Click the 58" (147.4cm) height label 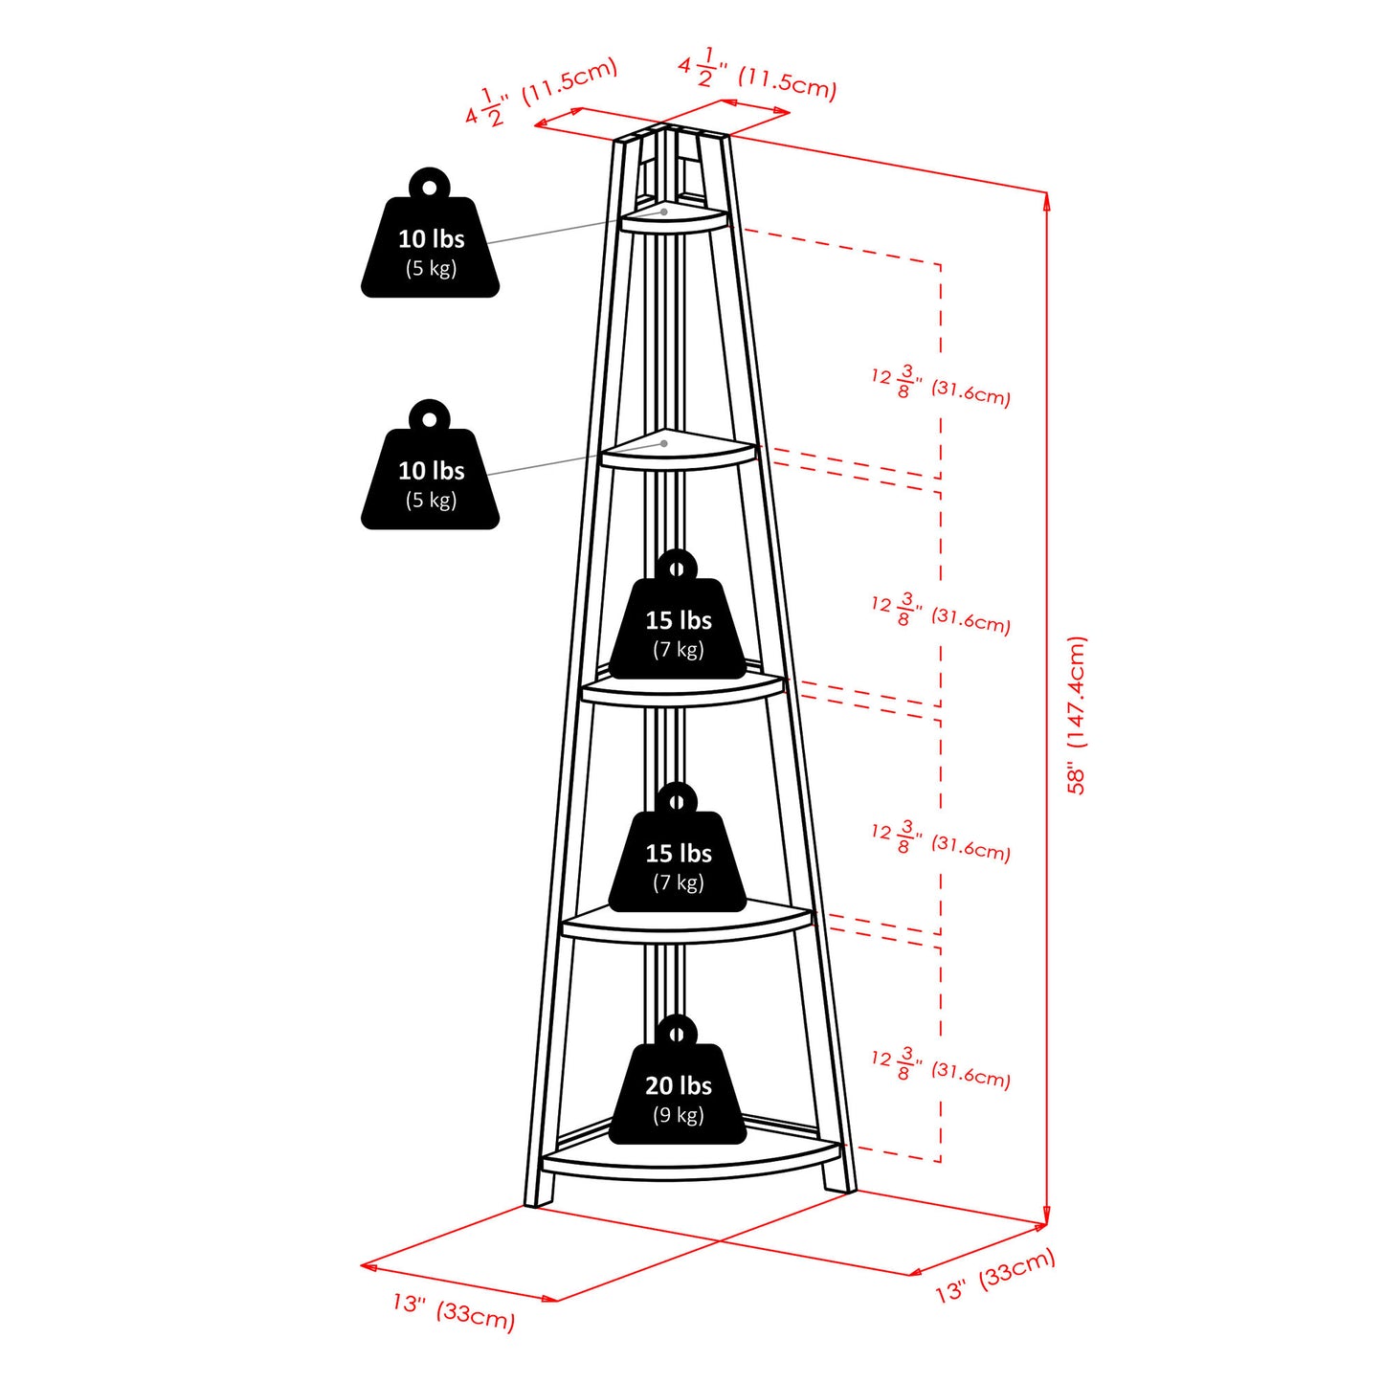[x=1077, y=714]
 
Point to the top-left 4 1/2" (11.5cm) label [x=542, y=92]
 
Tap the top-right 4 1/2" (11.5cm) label [x=757, y=75]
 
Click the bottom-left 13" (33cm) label [x=454, y=1311]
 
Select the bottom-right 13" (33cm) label [x=995, y=1276]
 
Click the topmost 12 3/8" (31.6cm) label [x=941, y=385]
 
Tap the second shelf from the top [x=679, y=453]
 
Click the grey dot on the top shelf [x=664, y=211]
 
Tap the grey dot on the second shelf [x=664, y=443]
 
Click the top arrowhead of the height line [x=1046, y=199]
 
